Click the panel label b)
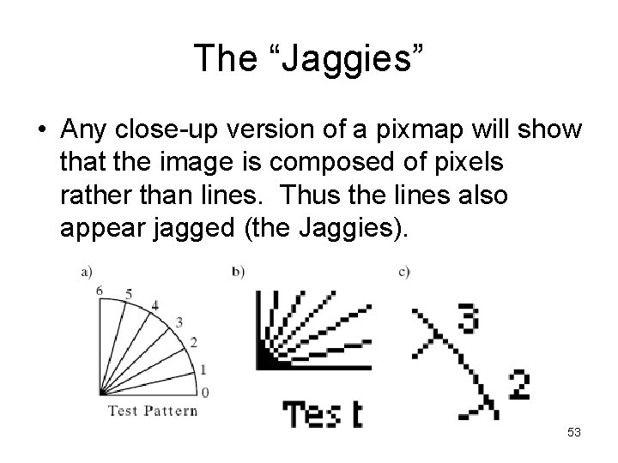pos(238,272)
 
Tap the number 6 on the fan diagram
pos(100,292)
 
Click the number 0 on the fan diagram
pos(205,393)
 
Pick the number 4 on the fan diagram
pos(154,305)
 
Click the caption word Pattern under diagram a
pos(171,410)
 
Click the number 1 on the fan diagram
pos(203,370)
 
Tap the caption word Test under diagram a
pos(124,410)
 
